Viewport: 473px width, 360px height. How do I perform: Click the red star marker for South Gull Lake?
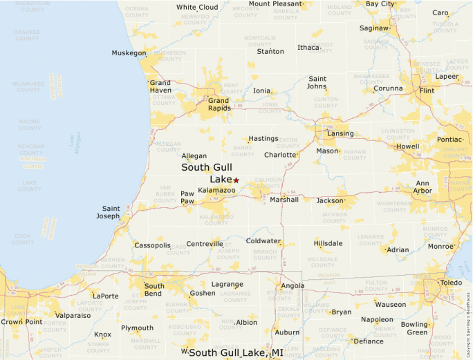[236, 180]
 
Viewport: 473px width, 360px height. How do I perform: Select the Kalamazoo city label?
[216, 190]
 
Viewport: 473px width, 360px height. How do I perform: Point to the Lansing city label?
[340, 133]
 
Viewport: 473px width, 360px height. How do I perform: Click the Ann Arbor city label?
[423, 187]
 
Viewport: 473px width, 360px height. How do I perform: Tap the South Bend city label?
[154, 290]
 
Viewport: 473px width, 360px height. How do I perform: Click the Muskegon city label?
[129, 53]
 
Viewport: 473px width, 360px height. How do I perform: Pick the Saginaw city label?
[373, 28]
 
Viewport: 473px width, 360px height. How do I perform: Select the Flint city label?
[427, 91]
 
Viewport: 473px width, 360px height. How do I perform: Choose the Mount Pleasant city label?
[275, 3]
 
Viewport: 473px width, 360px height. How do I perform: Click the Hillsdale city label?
[328, 244]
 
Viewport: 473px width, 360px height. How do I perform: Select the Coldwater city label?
[263, 241]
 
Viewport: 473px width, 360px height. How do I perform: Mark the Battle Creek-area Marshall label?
[284, 200]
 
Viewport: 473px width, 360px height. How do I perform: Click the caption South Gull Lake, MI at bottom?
[236, 353]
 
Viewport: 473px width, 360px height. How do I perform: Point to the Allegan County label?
[169, 146]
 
